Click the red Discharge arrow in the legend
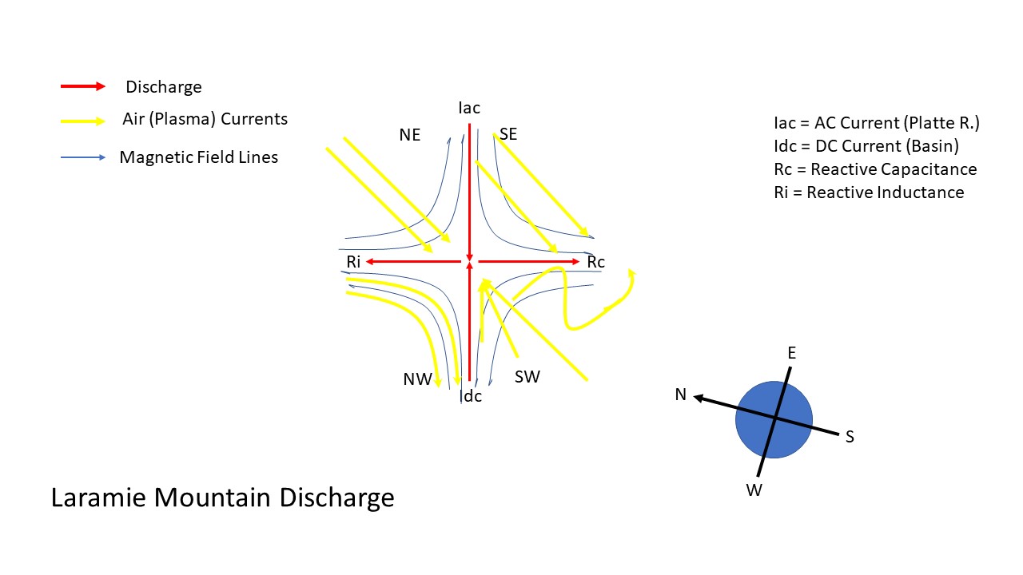(82, 86)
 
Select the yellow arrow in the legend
(82, 121)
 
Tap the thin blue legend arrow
(82, 157)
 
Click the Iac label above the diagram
(470, 108)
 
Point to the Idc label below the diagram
(472, 395)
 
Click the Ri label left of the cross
(354, 262)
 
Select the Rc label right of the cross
(596, 262)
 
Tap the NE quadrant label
(410, 135)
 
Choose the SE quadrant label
(508, 134)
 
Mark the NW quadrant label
(417, 379)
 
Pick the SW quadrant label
(527, 377)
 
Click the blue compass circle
(774, 419)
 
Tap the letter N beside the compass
(681, 395)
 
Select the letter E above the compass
(791, 353)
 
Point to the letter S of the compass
(850, 437)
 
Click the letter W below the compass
(754, 490)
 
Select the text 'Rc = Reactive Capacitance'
(875, 169)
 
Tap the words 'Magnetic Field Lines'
(198, 157)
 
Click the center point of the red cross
(470, 262)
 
